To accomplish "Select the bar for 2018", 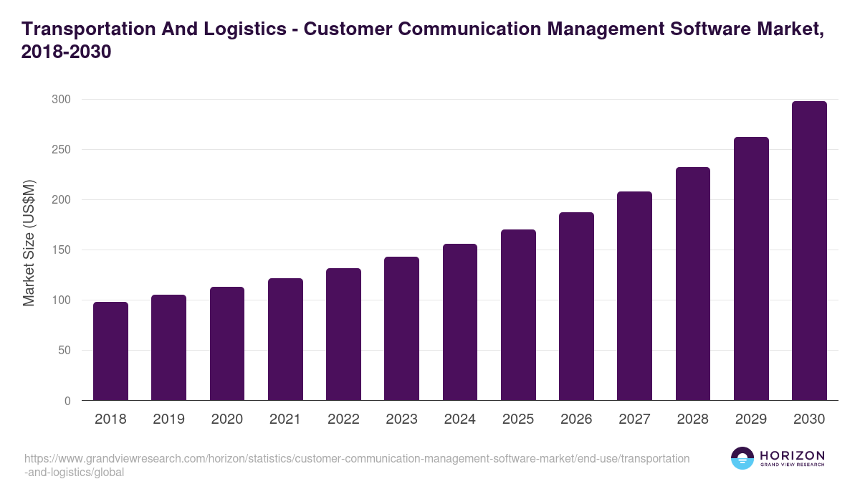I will [x=110, y=351].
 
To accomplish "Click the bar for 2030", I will [x=809, y=251].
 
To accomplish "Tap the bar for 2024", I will [x=460, y=323].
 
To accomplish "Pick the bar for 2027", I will [x=634, y=296].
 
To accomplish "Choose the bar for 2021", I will [x=285, y=339].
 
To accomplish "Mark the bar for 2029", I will [x=751, y=269].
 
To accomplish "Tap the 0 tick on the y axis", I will [x=67, y=401].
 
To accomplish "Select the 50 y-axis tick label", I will [x=64, y=351].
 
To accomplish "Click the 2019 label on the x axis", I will [x=168, y=419].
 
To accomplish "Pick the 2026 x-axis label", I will [x=576, y=419].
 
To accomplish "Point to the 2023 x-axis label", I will [x=401, y=419].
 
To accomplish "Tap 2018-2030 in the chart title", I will [x=66, y=52].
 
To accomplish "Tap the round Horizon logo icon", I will [x=742, y=458].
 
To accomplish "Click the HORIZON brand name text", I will [x=792, y=455].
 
